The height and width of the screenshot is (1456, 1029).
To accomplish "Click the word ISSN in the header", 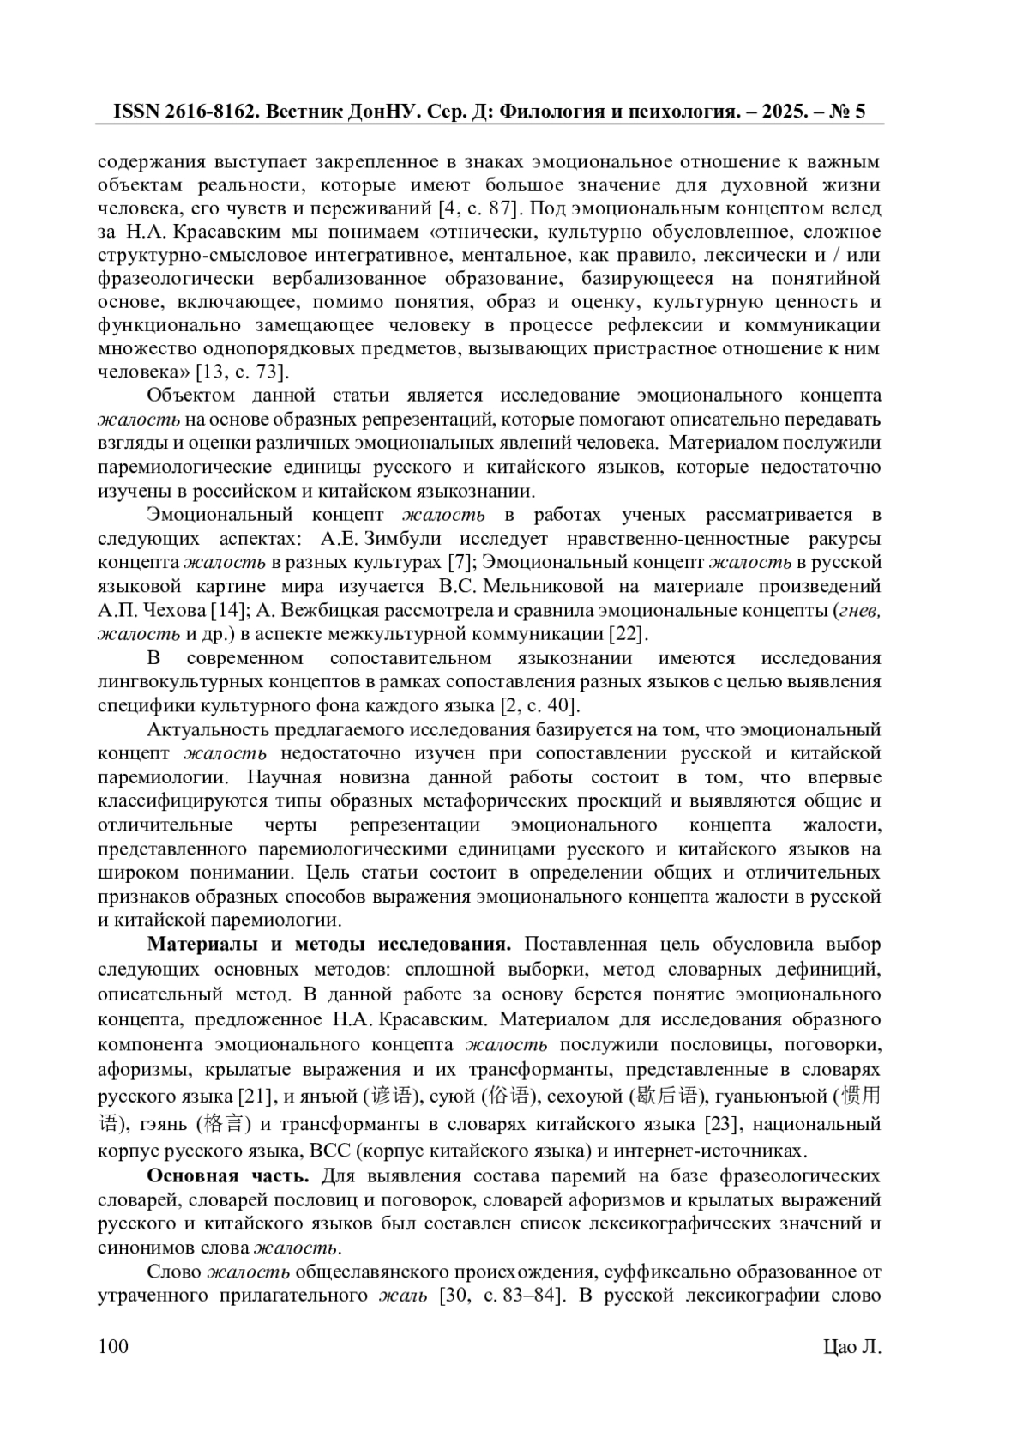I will coord(138,112).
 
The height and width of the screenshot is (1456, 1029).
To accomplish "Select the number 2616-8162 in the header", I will coord(211,112).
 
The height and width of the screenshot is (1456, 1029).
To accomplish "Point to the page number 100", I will coord(113,1346).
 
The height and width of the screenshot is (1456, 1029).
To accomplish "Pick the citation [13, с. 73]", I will coord(242,372).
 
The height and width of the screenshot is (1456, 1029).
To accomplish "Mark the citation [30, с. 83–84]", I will coord(502,1296).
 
